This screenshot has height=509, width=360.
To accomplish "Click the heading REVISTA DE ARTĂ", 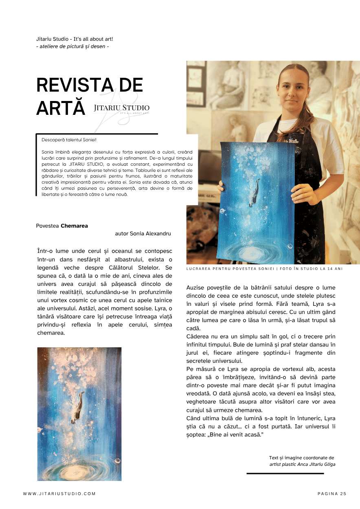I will pos(90,97).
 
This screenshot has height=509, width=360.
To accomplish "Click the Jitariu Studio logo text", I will pos(121,108).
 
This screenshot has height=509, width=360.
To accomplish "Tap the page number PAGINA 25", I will pos(332,494).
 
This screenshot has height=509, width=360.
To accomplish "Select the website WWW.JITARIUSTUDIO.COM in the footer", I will pos(59,494).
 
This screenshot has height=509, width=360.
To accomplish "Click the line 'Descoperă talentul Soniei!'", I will pos(69,140).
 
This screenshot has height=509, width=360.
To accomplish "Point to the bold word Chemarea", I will pos(74,226).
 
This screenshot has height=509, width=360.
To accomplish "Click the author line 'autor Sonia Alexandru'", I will pos(143,234).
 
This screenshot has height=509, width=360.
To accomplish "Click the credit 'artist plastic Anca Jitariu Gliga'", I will pos(302,464).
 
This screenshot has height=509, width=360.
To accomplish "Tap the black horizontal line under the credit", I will pos(285,474).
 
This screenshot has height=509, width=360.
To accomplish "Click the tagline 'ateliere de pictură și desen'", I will pos(72,46).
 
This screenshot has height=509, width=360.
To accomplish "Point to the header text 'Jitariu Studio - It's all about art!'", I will pos(75,39).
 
